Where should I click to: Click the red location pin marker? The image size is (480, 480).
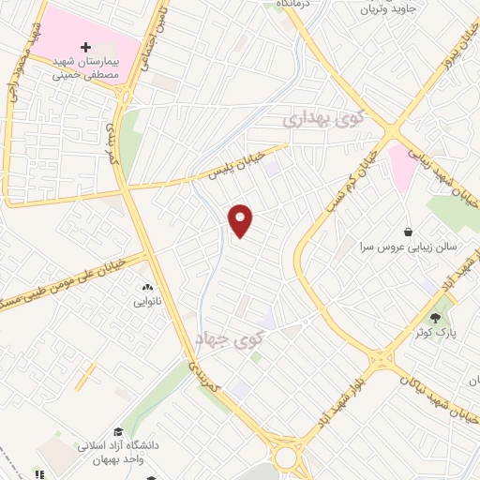click(x=241, y=219)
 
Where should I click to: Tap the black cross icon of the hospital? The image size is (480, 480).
click(x=86, y=45)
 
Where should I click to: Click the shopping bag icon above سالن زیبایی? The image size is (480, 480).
click(x=408, y=231)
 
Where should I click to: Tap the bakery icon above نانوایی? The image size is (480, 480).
click(x=147, y=287)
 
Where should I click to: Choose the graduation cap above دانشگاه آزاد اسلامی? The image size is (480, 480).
click(x=118, y=431)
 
